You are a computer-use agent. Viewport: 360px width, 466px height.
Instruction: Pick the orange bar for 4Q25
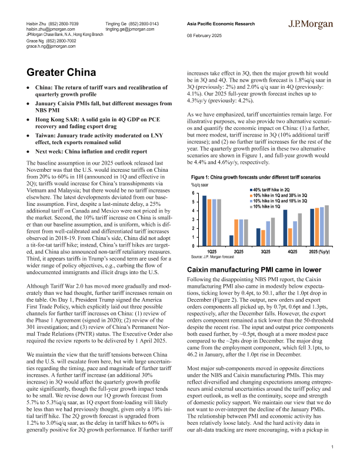pyautogui.click(x=290, y=237)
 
